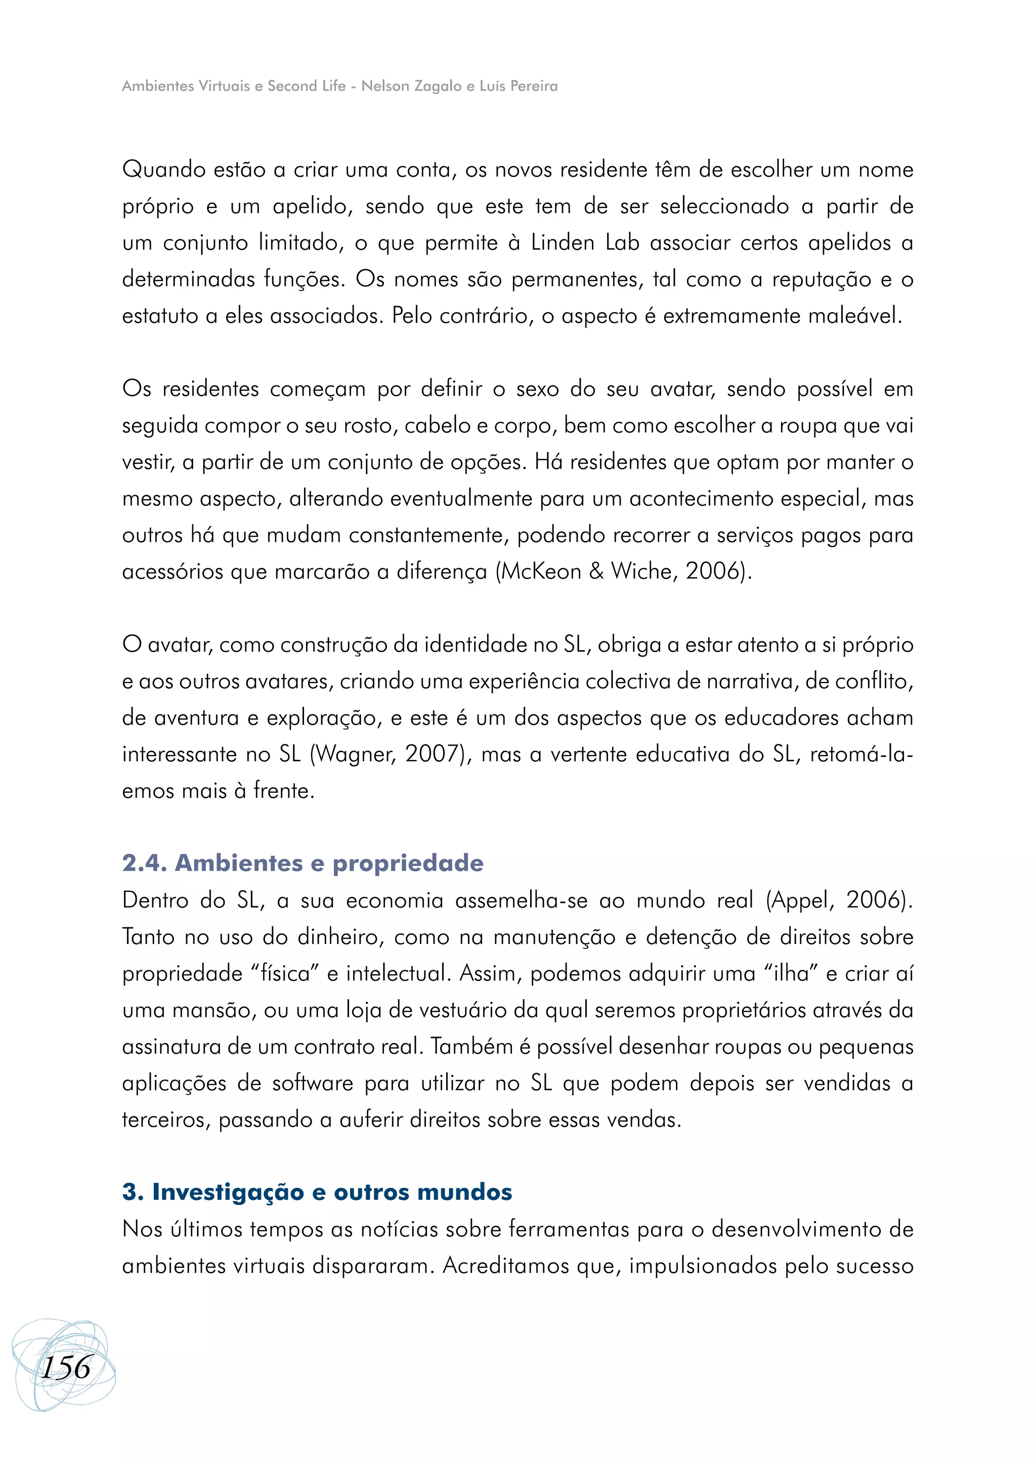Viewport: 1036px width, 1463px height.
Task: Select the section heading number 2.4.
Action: (x=145, y=863)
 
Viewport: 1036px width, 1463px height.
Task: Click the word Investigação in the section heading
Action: (x=228, y=1192)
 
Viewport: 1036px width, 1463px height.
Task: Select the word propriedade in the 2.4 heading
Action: (x=408, y=863)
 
